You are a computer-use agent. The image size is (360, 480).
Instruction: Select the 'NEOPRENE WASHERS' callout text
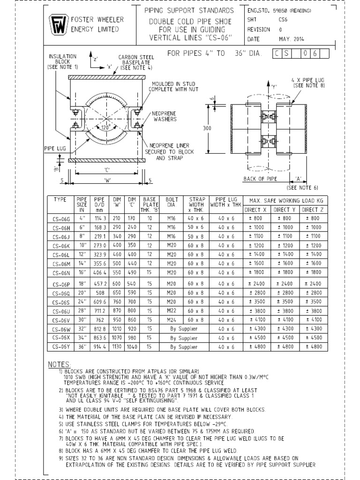[164, 117]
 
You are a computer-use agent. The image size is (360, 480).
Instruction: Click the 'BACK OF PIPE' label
[261, 179]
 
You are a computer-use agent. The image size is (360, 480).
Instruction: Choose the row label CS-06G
[61, 218]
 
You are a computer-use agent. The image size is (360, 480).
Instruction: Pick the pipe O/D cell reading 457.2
[101, 284]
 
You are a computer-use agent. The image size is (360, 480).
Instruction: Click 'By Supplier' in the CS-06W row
[184, 329]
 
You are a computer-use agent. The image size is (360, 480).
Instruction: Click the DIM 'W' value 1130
[117, 346]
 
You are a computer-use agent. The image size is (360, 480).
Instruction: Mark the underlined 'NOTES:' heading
[60, 364]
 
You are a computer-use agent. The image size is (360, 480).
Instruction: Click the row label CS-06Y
[61, 346]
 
